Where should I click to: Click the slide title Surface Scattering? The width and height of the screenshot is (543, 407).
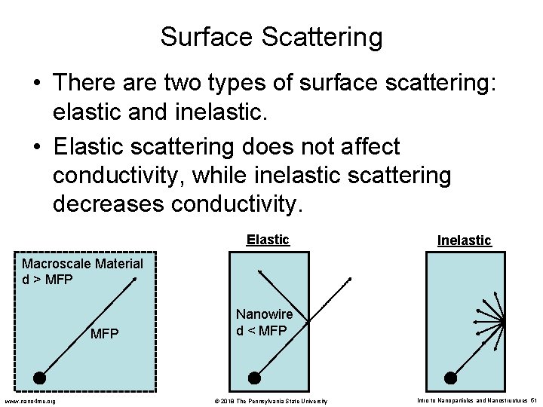(271, 36)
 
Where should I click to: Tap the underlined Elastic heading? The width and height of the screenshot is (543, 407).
(268, 240)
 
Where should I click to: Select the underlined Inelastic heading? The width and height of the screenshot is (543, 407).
(464, 240)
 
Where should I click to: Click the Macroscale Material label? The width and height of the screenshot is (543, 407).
(82, 264)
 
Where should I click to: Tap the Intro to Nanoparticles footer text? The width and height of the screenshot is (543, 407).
(475, 400)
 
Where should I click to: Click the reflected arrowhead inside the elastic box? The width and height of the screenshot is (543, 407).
(259, 271)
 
